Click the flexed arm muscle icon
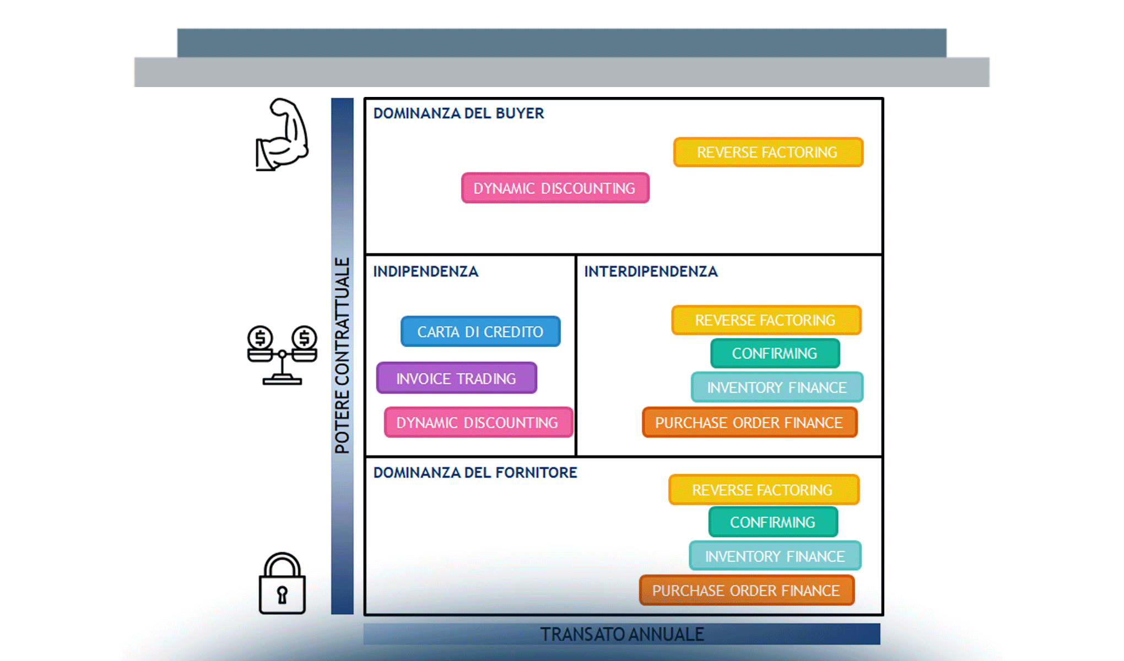click(282, 135)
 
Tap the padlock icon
click(282, 584)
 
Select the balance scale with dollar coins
click(282, 354)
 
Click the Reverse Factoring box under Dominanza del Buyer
click(768, 153)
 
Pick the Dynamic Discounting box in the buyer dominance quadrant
click(555, 188)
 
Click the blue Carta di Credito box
click(480, 332)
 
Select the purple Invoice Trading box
click(456, 378)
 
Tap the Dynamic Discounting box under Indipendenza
click(478, 422)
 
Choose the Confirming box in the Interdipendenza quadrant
click(775, 354)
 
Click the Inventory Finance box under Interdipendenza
click(777, 388)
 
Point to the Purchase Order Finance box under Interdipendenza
click(749, 422)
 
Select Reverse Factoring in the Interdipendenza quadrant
click(766, 321)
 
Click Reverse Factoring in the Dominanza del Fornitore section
click(763, 490)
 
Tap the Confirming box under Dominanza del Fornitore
click(772, 522)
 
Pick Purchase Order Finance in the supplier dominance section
click(747, 590)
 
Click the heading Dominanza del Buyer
click(458, 113)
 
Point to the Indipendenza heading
click(426, 272)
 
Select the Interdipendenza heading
click(651, 272)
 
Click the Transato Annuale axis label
click(622, 635)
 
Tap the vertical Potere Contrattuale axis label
click(342, 355)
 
